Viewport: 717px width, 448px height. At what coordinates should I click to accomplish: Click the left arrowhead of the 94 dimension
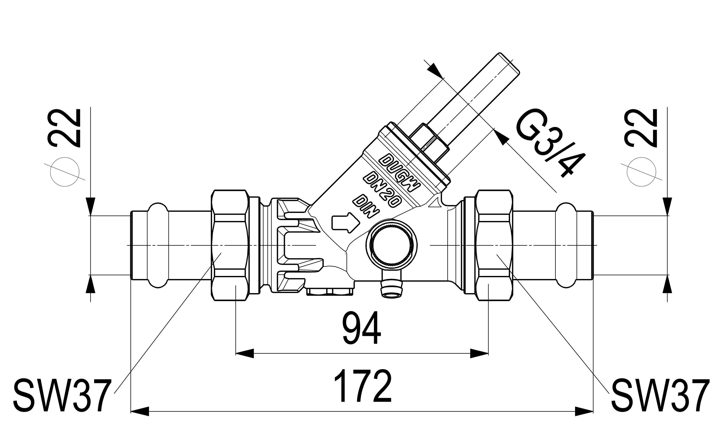tap(245, 353)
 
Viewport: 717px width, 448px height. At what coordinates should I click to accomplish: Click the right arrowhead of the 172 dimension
tap(584, 411)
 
